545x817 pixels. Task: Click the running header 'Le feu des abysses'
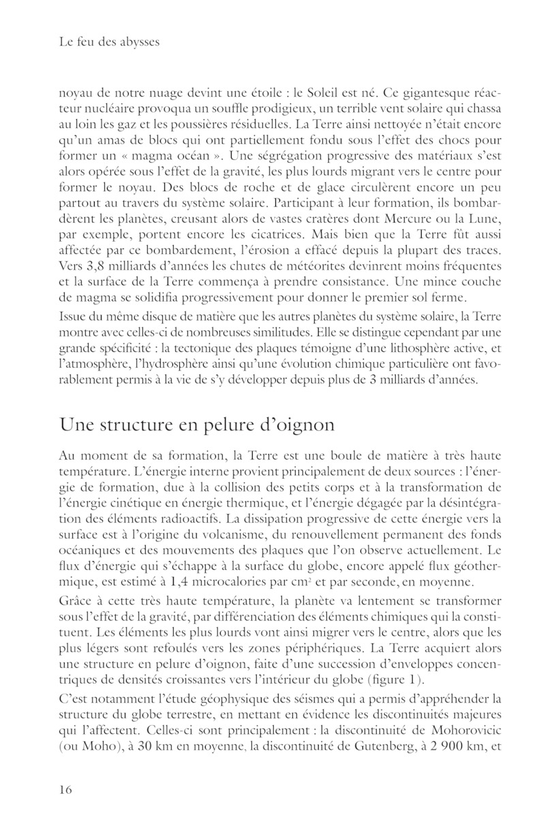click(x=109, y=43)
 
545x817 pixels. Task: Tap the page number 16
click(x=66, y=789)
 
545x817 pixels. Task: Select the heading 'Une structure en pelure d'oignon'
click(x=197, y=425)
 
